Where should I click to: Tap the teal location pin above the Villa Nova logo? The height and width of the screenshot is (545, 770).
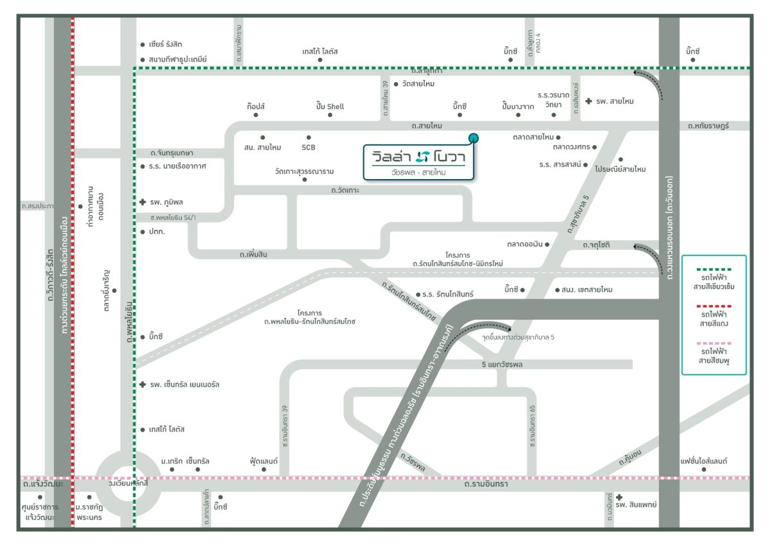[x=473, y=137]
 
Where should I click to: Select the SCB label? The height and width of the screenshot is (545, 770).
[x=309, y=147]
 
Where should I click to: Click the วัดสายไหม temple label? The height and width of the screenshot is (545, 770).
[x=418, y=84]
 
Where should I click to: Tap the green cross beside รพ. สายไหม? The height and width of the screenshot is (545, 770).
[x=588, y=101]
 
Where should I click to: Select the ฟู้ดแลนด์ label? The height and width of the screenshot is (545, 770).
[x=264, y=461]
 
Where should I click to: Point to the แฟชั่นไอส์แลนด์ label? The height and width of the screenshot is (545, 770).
[x=704, y=461]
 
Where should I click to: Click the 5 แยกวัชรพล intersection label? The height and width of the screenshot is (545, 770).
[x=502, y=365]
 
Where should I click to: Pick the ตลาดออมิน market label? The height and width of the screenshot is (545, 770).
[x=525, y=243]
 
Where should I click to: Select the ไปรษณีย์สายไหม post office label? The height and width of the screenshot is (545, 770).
[x=620, y=169]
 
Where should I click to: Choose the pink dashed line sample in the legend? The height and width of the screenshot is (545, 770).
[x=714, y=344]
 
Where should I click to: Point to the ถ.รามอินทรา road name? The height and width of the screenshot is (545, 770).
[x=486, y=484]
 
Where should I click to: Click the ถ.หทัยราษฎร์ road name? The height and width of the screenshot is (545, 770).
[x=707, y=126]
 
